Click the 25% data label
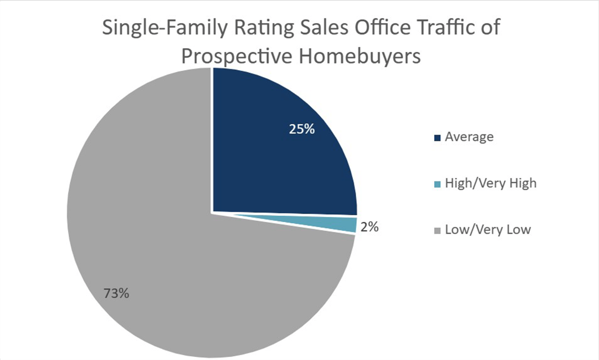301,129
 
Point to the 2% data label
369,227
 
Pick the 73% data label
116,293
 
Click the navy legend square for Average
437,138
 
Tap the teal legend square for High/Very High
437,184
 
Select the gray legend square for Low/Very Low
437,231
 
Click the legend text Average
469,137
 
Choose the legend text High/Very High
490,183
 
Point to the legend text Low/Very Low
487,229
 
